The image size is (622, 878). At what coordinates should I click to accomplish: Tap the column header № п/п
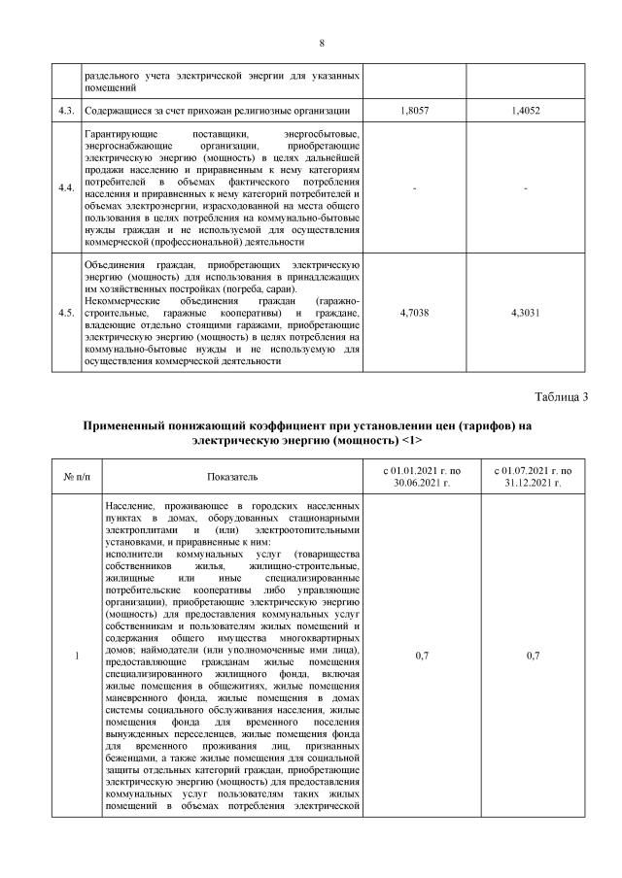click(x=78, y=477)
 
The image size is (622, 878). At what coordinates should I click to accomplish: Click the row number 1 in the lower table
click(x=78, y=657)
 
